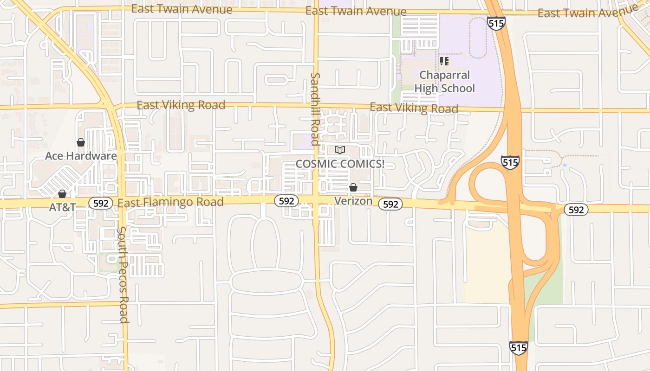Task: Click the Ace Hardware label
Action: pyautogui.click(x=81, y=156)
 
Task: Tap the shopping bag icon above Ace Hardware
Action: pyautogui.click(x=81, y=142)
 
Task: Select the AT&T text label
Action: pyautogui.click(x=62, y=207)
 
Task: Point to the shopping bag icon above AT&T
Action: pyautogui.click(x=62, y=194)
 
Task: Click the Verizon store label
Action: pyautogui.click(x=353, y=201)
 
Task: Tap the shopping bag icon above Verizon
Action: pyautogui.click(x=353, y=187)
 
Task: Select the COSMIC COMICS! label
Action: pyautogui.click(x=340, y=164)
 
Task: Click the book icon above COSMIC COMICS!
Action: pyautogui.click(x=340, y=150)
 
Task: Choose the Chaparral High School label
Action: pyautogui.click(x=444, y=82)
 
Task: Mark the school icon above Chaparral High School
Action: pyautogui.click(x=444, y=61)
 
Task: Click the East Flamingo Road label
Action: pyautogui.click(x=170, y=202)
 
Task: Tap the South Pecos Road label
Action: pyautogui.click(x=123, y=274)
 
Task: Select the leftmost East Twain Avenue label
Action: pyautogui.click(x=182, y=9)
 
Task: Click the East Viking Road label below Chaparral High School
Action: pyautogui.click(x=414, y=108)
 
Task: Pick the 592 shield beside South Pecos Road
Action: pyautogui.click(x=101, y=203)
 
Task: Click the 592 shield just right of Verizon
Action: pyautogui.click(x=390, y=204)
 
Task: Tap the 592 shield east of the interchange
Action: pyautogui.click(x=576, y=210)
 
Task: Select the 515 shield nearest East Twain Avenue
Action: pyautogui.click(x=496, y=23)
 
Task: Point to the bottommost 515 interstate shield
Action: pyautogui.click(x=518, y=347)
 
